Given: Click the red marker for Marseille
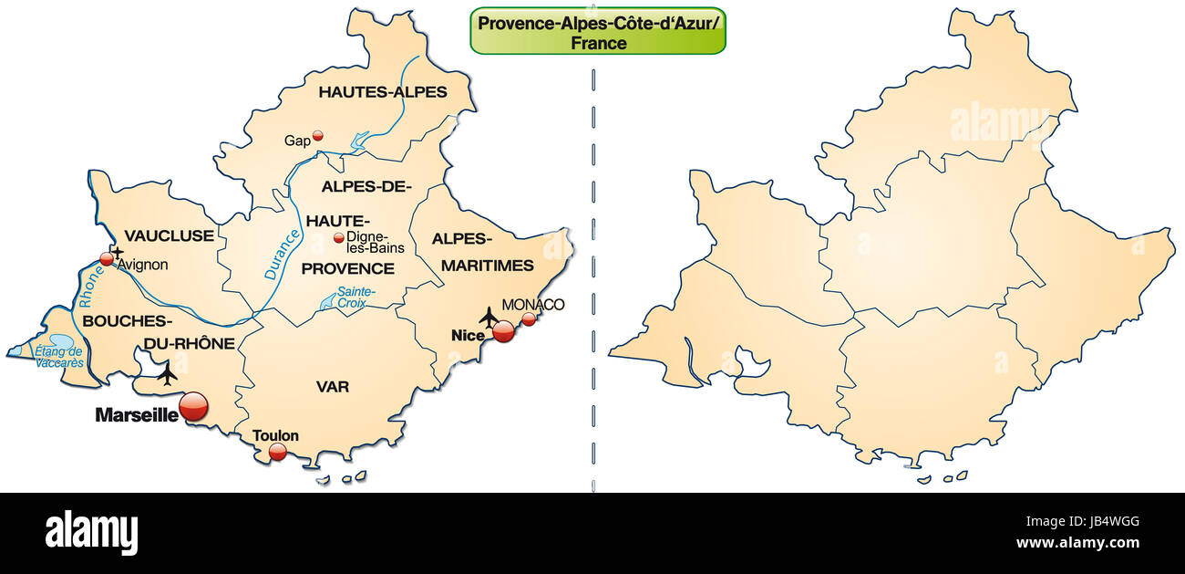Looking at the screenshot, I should click(193, 408).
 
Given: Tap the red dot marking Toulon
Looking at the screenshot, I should click(277, 452).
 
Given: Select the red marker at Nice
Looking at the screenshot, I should click(503, 331).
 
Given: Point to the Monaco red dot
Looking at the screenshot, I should click(529, 319).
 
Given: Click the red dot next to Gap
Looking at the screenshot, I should click(317, 136).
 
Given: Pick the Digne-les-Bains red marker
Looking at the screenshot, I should click(339, 238).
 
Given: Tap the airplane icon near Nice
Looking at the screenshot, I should click(489, 317).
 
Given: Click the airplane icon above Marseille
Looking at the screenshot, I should click(167, 373).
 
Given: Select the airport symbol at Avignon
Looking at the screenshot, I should click(117, 251).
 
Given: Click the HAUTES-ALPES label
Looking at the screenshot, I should click(383, 91).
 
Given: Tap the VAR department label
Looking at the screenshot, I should click(333, 387).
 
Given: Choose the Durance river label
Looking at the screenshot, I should click(282, 255).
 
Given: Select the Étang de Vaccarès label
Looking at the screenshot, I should click(59, 357).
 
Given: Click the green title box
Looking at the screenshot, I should click(598, 31).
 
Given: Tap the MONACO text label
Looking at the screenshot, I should click(533, 304).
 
